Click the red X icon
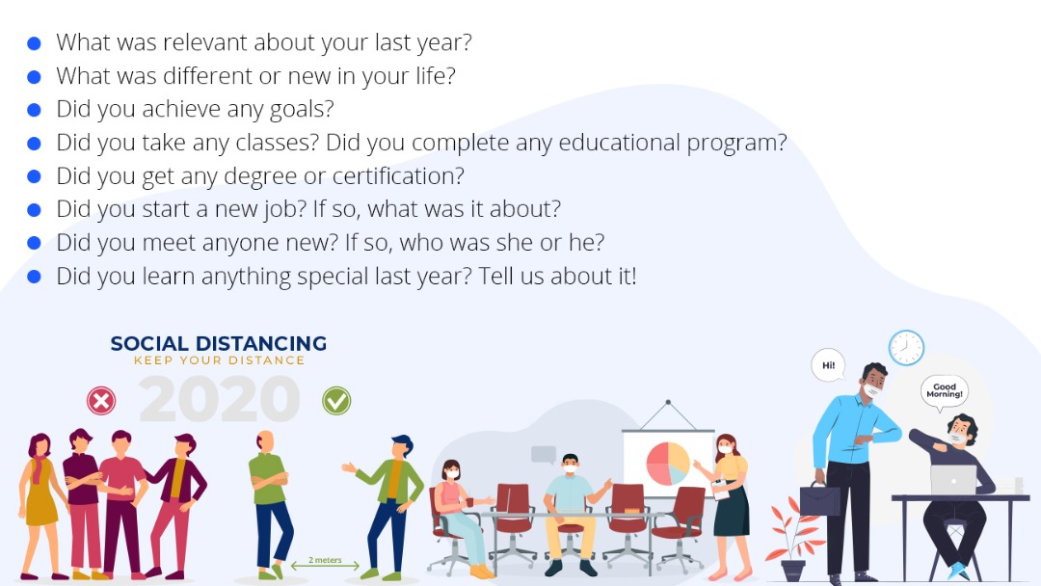point(101,401)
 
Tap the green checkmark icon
point(336,401)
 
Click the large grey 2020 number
point(219,400)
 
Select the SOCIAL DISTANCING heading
point(219,343)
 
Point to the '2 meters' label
point(326,560)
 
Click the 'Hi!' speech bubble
point(829,365)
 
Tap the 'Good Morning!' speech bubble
point(944,391)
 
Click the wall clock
point(906,347)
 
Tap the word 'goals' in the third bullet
point(302,110)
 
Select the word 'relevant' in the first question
point(205,42)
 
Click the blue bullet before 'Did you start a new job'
point(34,210)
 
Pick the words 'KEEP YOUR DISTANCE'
point(219,360)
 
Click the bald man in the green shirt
point(270,504)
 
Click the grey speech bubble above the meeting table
point(543,455)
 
